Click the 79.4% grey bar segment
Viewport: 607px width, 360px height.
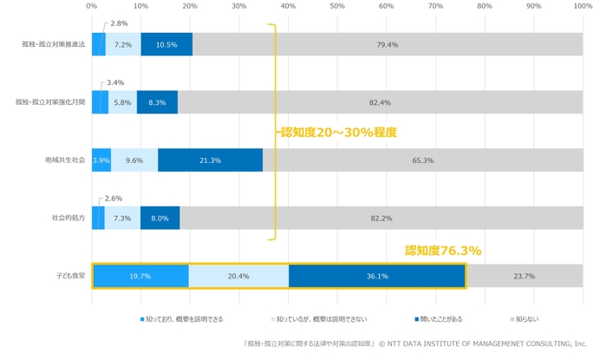[x=387, y=45]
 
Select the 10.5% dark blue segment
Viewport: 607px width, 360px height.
[x=166, y=45]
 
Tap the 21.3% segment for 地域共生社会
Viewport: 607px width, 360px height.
[x=210, y=160]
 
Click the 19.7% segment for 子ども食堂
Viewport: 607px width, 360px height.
[x=140, y=276]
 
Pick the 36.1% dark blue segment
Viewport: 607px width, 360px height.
[x=376, y=276]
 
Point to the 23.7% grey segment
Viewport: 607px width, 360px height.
[x=524, y=276]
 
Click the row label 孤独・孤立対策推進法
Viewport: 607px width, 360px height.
[x=54, y=45]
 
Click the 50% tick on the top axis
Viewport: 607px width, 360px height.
[x=337, y=6]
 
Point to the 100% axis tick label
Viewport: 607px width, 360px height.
[x=582, y=6]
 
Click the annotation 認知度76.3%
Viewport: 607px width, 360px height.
[x=443, y=251]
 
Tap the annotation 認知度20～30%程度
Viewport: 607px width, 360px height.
[x=338, y=133]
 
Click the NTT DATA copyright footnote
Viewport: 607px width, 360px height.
[x=415, y=343]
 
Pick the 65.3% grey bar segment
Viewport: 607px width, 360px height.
[x=422, y=160]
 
